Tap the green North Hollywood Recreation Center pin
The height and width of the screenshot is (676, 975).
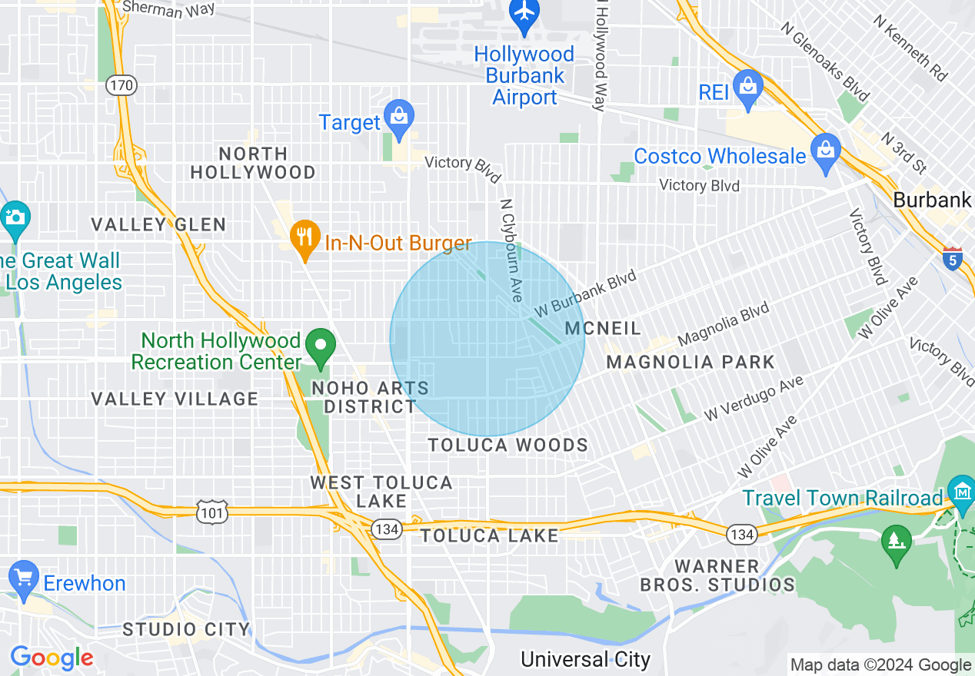(x=321, y=346)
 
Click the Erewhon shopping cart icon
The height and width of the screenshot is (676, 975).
(x=24, y=579)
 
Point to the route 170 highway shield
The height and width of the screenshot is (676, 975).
(x=121, y=85)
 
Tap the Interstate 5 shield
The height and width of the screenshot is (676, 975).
(x=953, y=259)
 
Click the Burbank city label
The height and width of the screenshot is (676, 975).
(x=933, y=200)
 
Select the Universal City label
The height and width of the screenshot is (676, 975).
(x=585, y=659)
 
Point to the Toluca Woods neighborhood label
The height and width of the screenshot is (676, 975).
(x=507, y=446)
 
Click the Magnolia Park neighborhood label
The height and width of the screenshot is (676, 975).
(x=690, y=362)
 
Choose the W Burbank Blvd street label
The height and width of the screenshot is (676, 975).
(x=587, y=294)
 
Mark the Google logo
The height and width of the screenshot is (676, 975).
(x=52, y=658)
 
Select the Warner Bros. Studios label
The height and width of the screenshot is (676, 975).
(x=717, y=575)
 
